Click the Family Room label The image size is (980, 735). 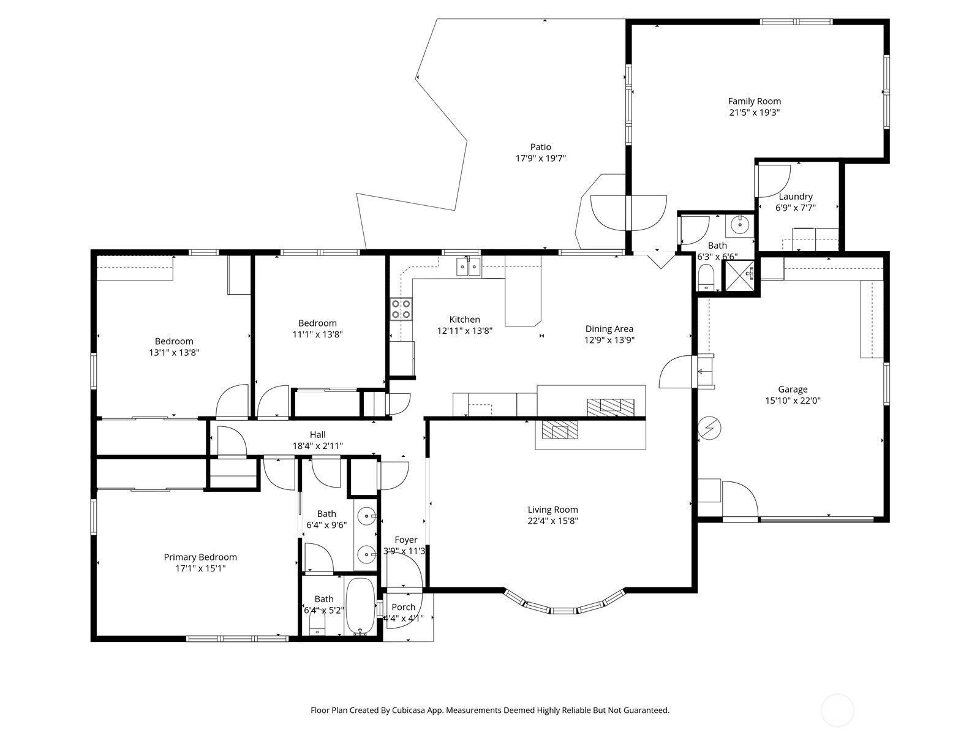(x=754, y=101)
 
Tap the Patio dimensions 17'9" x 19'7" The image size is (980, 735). (x=541, y=159)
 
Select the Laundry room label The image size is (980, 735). (x=796, y=197)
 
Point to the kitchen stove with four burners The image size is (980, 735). (x=401, y=309)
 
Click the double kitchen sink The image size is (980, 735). (x=469, y=267)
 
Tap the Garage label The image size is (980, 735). (x=793, y=389)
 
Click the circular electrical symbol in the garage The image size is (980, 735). (x=709, y=428)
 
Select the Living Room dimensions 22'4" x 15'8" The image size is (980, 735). (x=552, y=521)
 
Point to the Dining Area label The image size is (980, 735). (x=609, y=329)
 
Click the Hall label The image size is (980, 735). (x=317, y=435)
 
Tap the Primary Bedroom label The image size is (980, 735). (x=200, y=557)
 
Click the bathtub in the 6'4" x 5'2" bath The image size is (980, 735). (x=360, y=606)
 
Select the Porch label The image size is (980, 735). (x=403, y=607)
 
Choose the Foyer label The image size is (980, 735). (x=406, y=540)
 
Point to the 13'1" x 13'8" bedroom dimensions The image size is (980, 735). (x=174, y=353)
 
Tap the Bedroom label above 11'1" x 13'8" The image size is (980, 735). (x=317, y=323)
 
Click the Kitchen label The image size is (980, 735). (x=465, y=320)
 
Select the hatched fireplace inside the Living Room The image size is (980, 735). (x=560, y=429)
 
